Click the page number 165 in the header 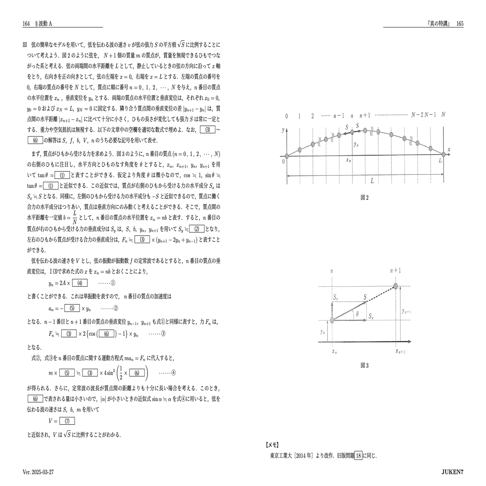pos(459,24)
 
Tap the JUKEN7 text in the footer pos(453,473)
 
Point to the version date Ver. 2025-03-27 pos(38,473)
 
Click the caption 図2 pos(365,198)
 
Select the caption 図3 pos(365,366)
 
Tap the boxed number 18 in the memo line pos(358,456)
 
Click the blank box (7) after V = pos(67,421)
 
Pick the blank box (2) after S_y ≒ pos(196,229)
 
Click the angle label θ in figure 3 pos(357,314)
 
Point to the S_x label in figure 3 pos(371,316)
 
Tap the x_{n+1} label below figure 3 pos(401,351)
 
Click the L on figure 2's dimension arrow pos(372,181)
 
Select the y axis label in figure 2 pos(283,131)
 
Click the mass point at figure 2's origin pos(287,156)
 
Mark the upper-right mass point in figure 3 pos(395,286)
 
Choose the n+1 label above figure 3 pos(395,271)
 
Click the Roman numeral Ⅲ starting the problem pos(25,45)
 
